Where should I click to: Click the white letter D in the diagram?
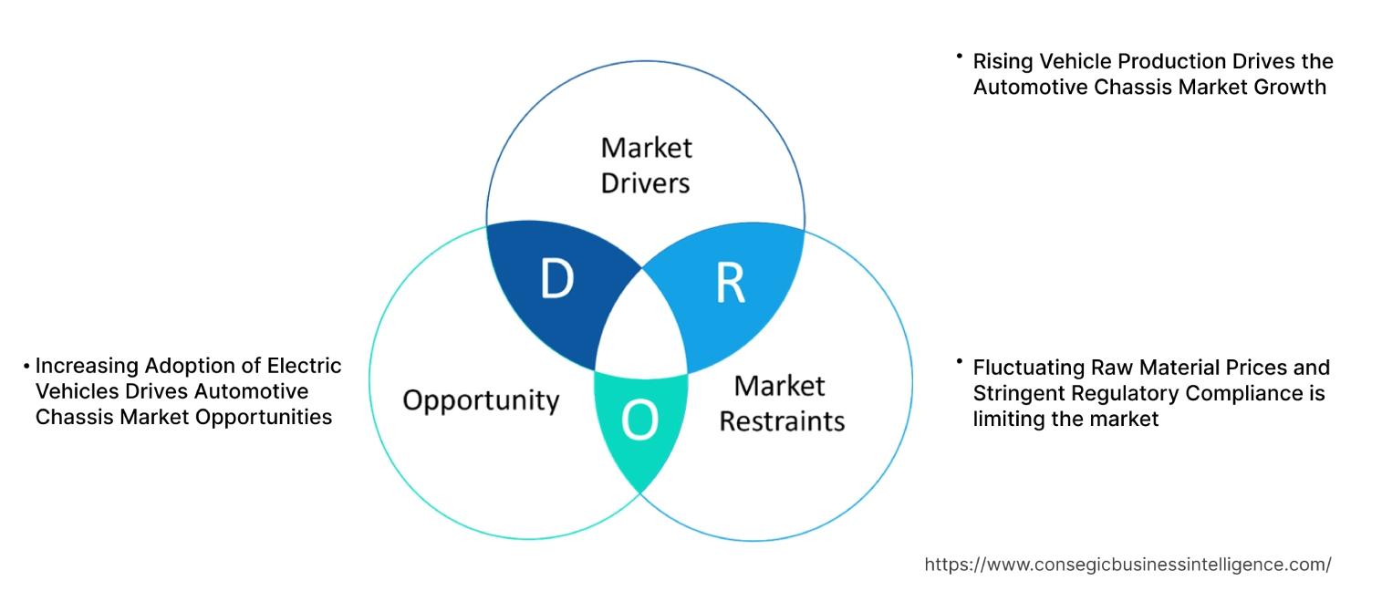point(556,280)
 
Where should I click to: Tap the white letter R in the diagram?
point(730,284)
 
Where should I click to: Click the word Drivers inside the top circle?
point(645,182)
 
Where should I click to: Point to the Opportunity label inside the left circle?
point(481,400)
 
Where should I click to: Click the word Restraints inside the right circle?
point(782,420)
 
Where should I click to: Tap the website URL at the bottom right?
point(1127,565)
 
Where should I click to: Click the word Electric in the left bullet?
point(304,366)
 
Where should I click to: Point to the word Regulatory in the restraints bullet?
point(1119,394)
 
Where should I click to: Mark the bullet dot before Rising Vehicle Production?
point(960,57)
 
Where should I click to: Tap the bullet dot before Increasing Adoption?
point(26,367)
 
